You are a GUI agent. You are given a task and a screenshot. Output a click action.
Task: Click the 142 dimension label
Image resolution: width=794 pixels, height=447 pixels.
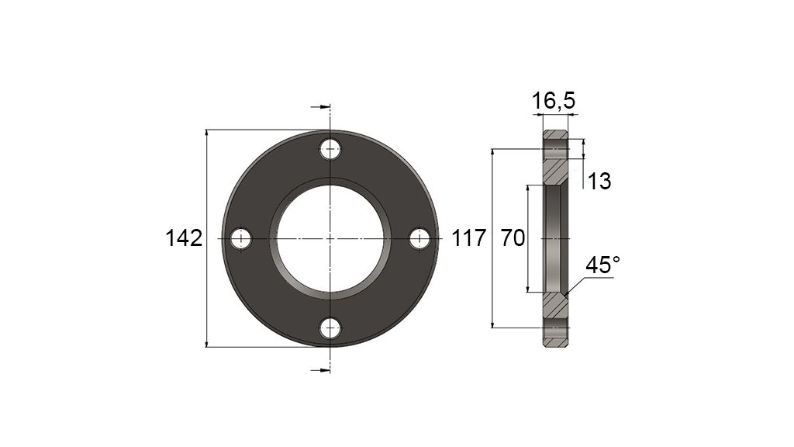[184, 237]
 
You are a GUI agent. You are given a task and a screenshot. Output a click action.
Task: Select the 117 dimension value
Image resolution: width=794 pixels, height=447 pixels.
[468, 237]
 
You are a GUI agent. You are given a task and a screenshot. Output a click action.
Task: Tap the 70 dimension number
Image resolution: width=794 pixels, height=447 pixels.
[513, 237]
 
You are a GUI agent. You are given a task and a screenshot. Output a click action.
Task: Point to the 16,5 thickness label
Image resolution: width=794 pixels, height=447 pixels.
[554, 101]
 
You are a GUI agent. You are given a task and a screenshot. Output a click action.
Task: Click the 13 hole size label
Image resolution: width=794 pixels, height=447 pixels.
[599, 181]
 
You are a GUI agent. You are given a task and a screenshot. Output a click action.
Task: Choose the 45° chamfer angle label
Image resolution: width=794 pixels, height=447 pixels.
[602, 265]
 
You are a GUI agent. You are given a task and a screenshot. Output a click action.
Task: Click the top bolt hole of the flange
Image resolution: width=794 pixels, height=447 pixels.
[330, 149]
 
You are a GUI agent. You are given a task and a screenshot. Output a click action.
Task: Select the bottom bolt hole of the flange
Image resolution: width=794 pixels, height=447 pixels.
[330, 328]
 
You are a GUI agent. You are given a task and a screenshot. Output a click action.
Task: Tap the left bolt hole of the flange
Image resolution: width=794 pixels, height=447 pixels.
[241, 239]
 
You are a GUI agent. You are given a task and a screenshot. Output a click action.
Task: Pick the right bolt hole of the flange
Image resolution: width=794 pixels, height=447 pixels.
[419, 239]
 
